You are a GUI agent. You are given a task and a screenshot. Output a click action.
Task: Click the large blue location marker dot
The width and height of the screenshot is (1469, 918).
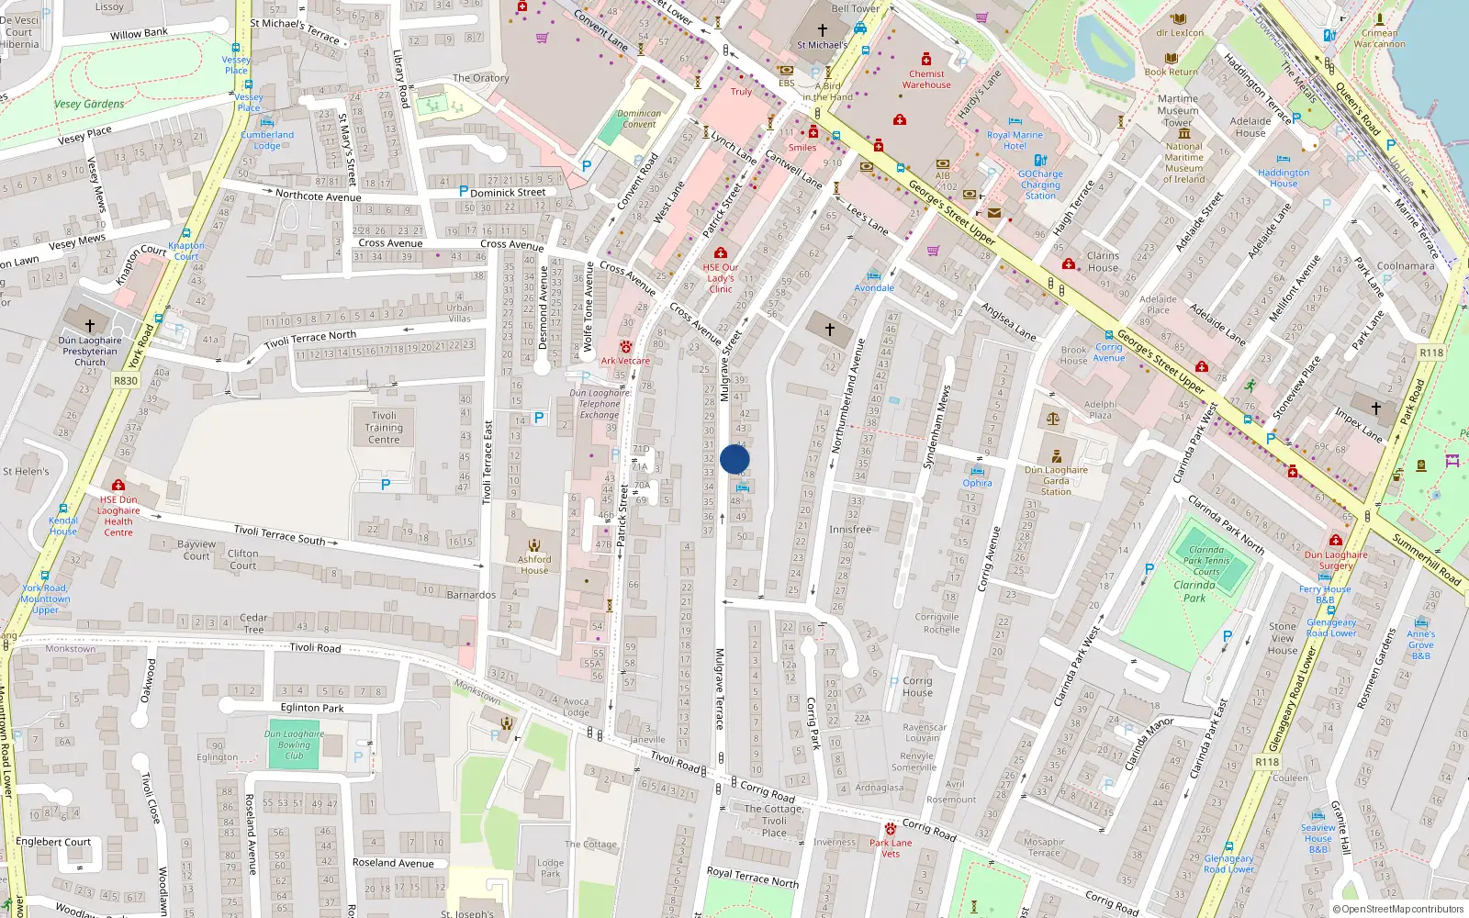734,459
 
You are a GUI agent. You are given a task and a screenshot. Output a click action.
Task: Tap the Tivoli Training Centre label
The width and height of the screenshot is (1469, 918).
384,428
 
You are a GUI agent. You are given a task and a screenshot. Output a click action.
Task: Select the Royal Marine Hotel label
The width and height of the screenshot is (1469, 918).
1015,140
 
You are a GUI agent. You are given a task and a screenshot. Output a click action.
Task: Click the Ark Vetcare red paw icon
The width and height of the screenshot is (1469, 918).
626,347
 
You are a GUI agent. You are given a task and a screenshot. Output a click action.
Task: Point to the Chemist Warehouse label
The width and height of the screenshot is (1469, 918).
926,80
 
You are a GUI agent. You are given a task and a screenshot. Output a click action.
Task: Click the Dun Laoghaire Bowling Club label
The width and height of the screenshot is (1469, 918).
294,744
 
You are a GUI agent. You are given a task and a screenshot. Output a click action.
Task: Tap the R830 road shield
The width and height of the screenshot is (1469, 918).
126,381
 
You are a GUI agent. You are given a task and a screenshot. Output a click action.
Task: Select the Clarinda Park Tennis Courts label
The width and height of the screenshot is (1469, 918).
1205,561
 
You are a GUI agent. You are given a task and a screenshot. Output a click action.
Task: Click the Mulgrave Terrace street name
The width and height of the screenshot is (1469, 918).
720,688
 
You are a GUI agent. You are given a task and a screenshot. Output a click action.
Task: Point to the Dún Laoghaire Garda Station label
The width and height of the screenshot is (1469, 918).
1056,480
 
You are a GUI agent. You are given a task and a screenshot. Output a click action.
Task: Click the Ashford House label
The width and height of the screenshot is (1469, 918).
533,565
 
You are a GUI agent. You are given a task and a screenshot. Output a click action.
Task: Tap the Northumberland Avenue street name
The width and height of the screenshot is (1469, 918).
848,395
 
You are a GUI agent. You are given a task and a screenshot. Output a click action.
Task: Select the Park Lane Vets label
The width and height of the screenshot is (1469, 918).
891,847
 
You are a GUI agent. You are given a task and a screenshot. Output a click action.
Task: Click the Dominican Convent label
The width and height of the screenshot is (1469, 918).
639,119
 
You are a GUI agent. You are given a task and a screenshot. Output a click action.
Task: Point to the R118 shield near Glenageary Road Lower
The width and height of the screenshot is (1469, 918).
1267,762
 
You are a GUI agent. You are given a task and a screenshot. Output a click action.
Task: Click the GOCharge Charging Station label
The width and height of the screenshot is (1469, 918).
1040,185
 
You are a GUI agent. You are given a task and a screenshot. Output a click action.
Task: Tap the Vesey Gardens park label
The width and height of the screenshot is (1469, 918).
89,105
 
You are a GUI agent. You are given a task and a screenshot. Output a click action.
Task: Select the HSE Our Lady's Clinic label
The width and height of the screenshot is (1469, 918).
721,278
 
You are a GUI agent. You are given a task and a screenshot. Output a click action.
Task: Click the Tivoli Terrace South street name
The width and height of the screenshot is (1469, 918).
279,534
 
